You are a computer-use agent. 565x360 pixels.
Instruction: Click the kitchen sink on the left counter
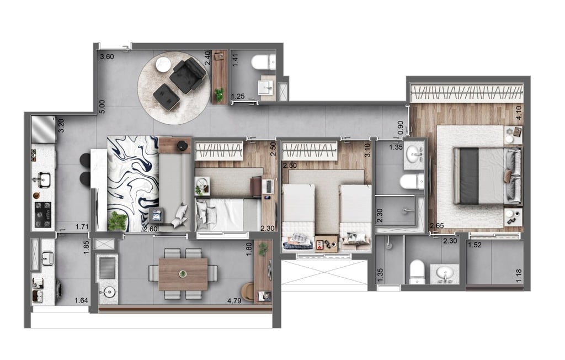(42, 179)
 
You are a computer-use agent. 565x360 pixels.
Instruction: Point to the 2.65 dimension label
(437, 225)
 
